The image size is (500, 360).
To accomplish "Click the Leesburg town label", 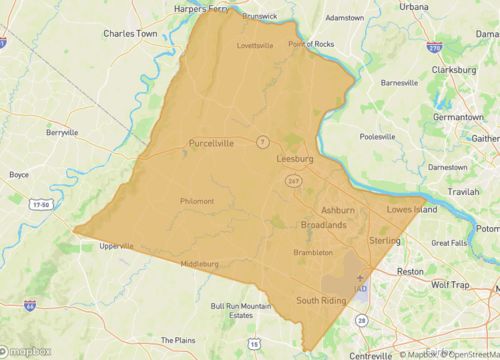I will (x=297, y=158).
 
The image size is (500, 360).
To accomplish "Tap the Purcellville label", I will (x=211, y=143).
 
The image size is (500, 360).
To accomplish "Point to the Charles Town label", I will (x=132, y=32).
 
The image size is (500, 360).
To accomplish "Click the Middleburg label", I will (x=199, y=263).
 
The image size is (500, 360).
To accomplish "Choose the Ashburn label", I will (x=338, y=210).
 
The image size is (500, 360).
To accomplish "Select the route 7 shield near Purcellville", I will (x=259, y=141).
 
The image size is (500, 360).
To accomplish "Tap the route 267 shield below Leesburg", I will (x=293, y=179).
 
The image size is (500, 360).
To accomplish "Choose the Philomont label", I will (x=197, y=200).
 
